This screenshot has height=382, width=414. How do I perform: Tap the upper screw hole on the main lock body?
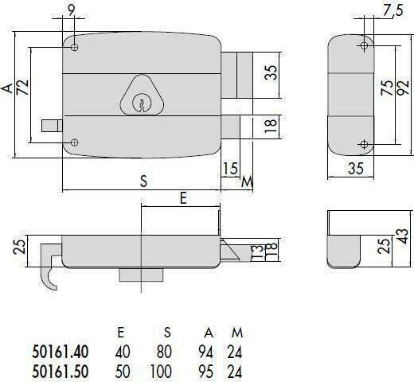[75, 48]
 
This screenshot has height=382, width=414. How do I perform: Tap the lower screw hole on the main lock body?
[75, 142]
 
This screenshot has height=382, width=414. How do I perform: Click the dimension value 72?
[22, 87]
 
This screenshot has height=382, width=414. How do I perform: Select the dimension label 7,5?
[392, 10]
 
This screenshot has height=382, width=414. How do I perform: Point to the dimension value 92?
[404, 88]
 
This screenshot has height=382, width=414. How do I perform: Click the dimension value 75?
[387, 88]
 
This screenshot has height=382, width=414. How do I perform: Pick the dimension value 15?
[230, 169]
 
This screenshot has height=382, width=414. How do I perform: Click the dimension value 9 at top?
[72, 11]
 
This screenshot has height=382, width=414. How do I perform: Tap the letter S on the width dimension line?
[143, 181]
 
